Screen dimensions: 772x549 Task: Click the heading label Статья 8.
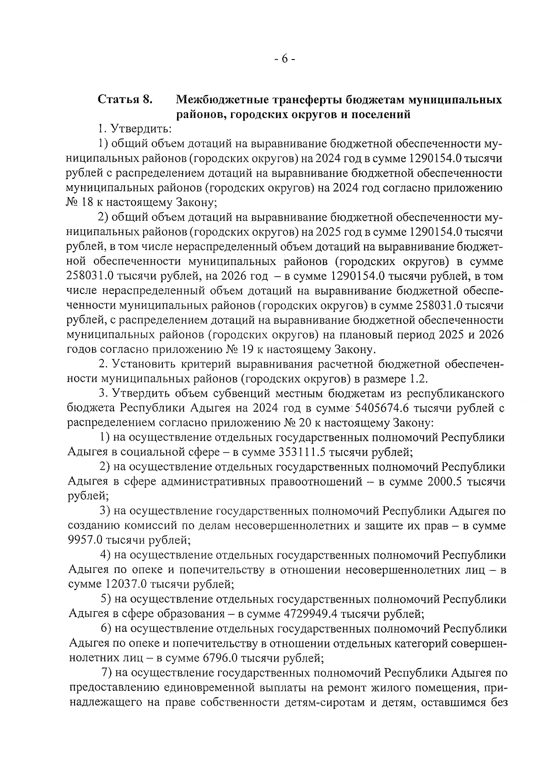tap(124, 99)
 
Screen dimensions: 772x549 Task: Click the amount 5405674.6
tap(384, 408)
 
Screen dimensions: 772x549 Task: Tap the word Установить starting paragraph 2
tap(149, 364)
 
